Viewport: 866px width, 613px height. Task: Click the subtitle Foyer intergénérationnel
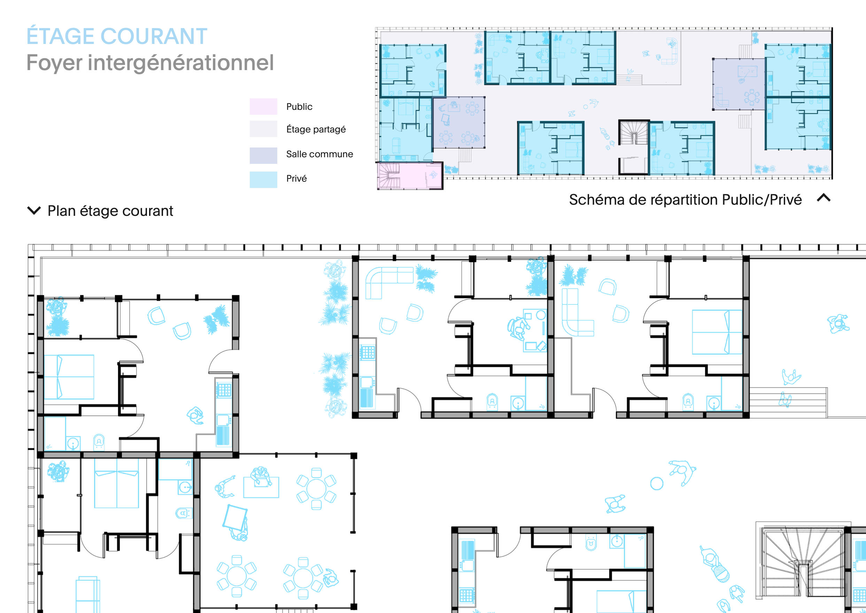pyautogui.click(x=150, y=63)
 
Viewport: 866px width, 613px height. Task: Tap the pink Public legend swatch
pyautogui.click(x=263, y=106)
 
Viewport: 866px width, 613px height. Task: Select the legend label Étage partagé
pyautogui.click(x=316, y=129)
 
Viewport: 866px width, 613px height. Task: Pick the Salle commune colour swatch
pyautogui.click(x=263, y=155)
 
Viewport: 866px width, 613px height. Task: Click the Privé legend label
pyautogui.click(x=296, y=178)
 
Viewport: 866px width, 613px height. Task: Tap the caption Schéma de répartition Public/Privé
pyautogui.click(x=685, y=200)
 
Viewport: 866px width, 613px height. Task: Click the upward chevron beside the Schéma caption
pyautogui.click(x=824, y=198)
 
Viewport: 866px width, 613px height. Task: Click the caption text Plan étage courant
pyautogui.click(x=110, y=211)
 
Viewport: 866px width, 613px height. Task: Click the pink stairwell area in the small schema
pyautogui.click(x=410, y=175)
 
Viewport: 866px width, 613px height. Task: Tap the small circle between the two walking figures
pyautogui.click(x=657, y=483)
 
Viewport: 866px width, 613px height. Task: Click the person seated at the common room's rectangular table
pyautogui.click(x=261, y=476)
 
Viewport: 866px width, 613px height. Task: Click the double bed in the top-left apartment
pyautogui.click(x=69, y=377)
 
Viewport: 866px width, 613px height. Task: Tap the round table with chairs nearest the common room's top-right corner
pyautogui.click(x=316, y=489)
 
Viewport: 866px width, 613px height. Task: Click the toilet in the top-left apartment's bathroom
pyautogui.click(x=99, y=442)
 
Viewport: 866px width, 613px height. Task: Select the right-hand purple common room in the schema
pyautogui.click(x=739, y=84)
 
